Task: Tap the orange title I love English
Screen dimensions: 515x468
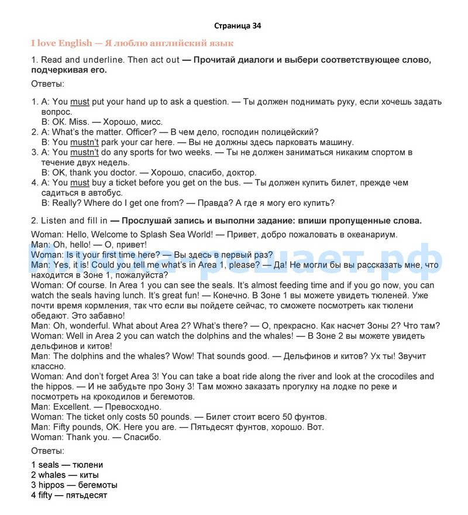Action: coord(61,43)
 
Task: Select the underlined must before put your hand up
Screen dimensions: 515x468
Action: coord(80,102)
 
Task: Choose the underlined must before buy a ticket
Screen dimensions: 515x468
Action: coord(80,183)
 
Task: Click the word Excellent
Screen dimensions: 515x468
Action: coord(73,407)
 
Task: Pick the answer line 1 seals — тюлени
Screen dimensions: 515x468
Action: coord(67,465)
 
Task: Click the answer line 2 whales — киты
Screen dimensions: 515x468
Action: coord(65,475)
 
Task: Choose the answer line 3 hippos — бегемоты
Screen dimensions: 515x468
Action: coord(74,485)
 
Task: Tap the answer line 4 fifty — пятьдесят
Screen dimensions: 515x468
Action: coord(69,495)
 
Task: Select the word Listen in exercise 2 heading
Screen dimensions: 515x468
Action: coord(53,221)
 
